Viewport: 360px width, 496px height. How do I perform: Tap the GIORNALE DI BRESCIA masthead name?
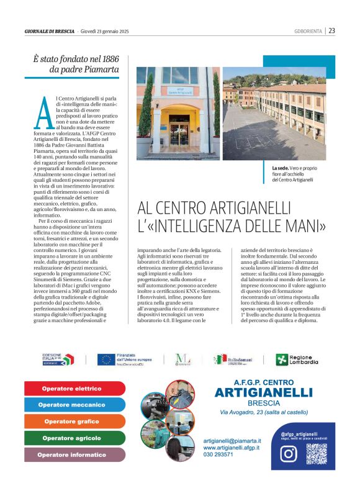[50, 31]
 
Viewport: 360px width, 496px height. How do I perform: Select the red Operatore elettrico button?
[74, 389]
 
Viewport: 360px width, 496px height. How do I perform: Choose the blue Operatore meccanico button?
[74, 405]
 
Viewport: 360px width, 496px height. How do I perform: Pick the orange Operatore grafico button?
[74, 422]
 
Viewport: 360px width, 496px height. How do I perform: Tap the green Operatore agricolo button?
[74, 438]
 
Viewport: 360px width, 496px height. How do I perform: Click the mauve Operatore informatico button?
[74, 454]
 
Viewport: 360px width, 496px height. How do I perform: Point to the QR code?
[317, 454]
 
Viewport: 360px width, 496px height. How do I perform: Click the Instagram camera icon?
[288, 454]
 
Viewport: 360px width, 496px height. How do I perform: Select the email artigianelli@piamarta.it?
[232, 440]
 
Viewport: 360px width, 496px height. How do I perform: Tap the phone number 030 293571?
[218, 454]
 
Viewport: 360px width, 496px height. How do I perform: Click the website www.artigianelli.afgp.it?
[232, 447]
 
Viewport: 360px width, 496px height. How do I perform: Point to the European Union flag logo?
[106, 359]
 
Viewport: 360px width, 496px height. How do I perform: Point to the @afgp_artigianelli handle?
[299, 434]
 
